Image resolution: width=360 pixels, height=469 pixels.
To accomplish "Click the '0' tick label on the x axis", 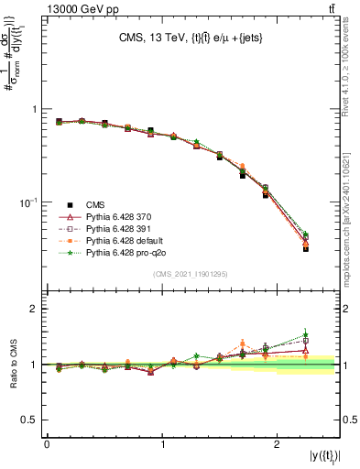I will [x=47, y=443].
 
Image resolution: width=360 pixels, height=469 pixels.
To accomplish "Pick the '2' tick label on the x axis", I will [x=278, y=443].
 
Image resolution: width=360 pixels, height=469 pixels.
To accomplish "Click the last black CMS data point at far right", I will [x=306, y=248].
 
